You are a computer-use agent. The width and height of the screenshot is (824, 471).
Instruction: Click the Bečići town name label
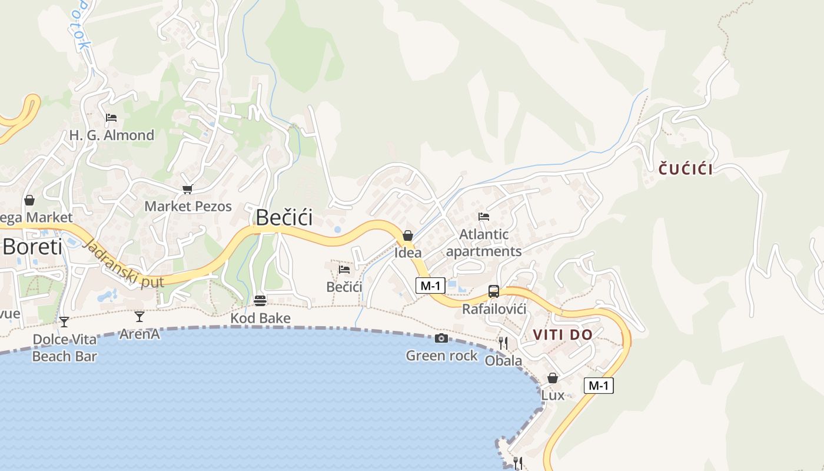(284, 218)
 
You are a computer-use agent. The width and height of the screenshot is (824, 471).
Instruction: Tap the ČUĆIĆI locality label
(685, 170)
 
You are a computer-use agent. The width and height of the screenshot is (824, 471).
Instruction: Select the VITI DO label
(562, 335)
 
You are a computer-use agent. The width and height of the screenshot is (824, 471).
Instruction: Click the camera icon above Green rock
(441, 338)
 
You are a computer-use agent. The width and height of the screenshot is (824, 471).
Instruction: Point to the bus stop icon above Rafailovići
(494, 291)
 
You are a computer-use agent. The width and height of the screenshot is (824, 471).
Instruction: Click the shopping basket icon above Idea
(407, 236)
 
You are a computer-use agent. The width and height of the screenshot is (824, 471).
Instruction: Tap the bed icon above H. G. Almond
(111, 118)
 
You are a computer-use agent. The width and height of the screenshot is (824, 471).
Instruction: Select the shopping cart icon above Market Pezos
(188, 189)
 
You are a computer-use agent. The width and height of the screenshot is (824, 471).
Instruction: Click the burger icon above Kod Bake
(260, 301)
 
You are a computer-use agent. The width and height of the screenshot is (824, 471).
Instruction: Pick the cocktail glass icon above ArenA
(139, 317)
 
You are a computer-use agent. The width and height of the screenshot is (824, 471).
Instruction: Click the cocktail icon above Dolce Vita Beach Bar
(64, 322)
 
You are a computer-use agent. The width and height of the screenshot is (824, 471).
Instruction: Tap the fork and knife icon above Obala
(503, 343)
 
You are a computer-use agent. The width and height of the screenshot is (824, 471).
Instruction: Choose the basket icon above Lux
(553, 378)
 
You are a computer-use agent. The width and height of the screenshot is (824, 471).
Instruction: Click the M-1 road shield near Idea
(430, 286)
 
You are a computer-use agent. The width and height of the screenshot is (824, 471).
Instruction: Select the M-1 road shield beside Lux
(599, 386)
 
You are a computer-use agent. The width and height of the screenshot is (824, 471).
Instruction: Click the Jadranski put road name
(115, 264)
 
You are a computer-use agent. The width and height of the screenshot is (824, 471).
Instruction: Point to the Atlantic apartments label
(484, 243)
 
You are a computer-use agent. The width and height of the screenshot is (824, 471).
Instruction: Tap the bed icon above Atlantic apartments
(484, 217)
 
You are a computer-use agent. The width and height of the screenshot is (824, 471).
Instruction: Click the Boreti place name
(32, 247)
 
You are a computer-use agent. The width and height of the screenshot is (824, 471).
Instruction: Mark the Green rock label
(441, 355)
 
